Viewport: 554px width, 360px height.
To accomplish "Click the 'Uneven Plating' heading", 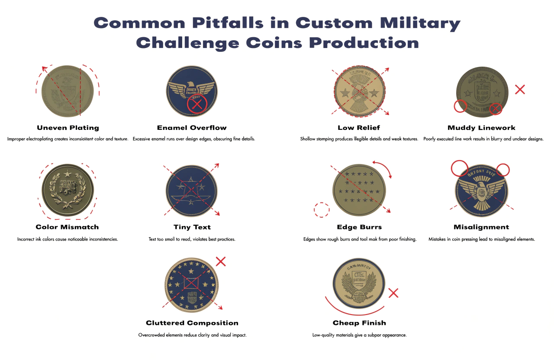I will pos(68,128).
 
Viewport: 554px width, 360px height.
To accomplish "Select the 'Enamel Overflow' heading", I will pos(192,128).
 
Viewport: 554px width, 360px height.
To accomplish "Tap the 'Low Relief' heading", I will pos(359,128).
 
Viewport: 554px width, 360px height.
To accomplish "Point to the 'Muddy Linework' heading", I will pos(481,128).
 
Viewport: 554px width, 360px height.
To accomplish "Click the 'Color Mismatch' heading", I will pos(67,227).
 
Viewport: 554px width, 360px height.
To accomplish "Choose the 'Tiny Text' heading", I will pos(192,227).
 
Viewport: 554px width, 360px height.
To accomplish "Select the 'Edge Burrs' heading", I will pos(359,227).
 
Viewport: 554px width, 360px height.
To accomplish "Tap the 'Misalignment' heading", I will pos(481,227).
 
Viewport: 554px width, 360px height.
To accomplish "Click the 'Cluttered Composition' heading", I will pos(192,323).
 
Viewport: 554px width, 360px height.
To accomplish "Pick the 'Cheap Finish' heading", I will pos(359,323).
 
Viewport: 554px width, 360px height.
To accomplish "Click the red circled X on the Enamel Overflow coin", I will pos(197,104).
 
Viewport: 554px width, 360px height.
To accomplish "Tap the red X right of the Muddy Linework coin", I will pos(520,90).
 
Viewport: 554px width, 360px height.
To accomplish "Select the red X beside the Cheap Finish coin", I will pos(393,293).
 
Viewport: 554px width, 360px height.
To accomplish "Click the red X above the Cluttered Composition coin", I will pos(221,261).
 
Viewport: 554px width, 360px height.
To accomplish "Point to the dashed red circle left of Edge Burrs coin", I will pos(321,209).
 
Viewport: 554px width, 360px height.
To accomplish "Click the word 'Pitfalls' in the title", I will pos(204,23).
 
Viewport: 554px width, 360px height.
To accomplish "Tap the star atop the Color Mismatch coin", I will pos(67,174).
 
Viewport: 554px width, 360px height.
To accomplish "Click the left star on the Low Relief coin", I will pos(345,92).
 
